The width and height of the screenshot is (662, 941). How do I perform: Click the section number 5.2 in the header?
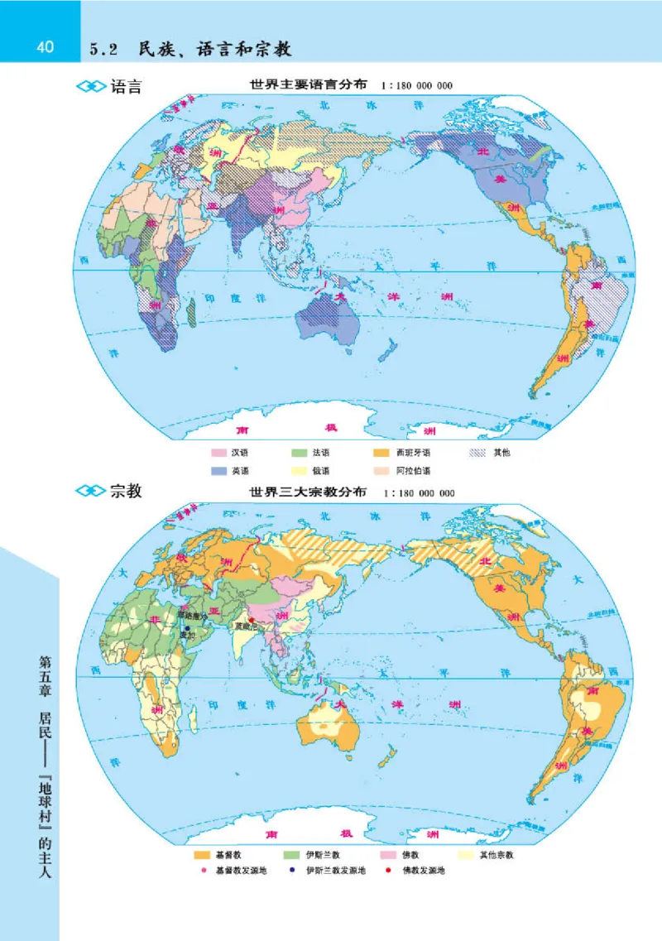click(x=107, y=50)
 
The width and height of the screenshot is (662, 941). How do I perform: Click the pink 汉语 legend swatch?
click(x=218, y=454)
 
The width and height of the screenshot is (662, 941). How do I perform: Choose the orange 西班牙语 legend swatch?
click(x=381, y=454)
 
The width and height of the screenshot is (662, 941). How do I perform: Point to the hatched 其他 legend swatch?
click(x=477, y=454)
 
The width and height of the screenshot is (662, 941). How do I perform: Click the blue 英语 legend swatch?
click(x=218, y=470)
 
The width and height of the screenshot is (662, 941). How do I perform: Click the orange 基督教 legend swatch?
click(x=201, y=854)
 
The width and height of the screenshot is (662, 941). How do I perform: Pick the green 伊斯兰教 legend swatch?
click(x=292, y=854)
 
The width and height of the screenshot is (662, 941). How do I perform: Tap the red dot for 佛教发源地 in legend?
click(x=387, y=871)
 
